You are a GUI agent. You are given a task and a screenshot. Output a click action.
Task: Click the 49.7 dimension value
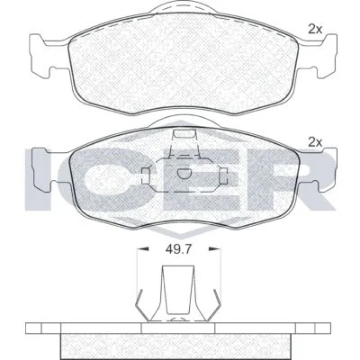pos(178,249)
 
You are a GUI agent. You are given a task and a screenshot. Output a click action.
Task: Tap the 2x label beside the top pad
pos(315,29)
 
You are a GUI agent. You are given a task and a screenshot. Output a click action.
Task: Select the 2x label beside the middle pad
pos(315,142)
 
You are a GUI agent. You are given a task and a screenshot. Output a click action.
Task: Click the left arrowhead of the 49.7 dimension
pos(143,248)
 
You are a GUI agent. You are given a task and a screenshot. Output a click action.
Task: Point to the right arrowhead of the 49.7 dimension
pos(215,248)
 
